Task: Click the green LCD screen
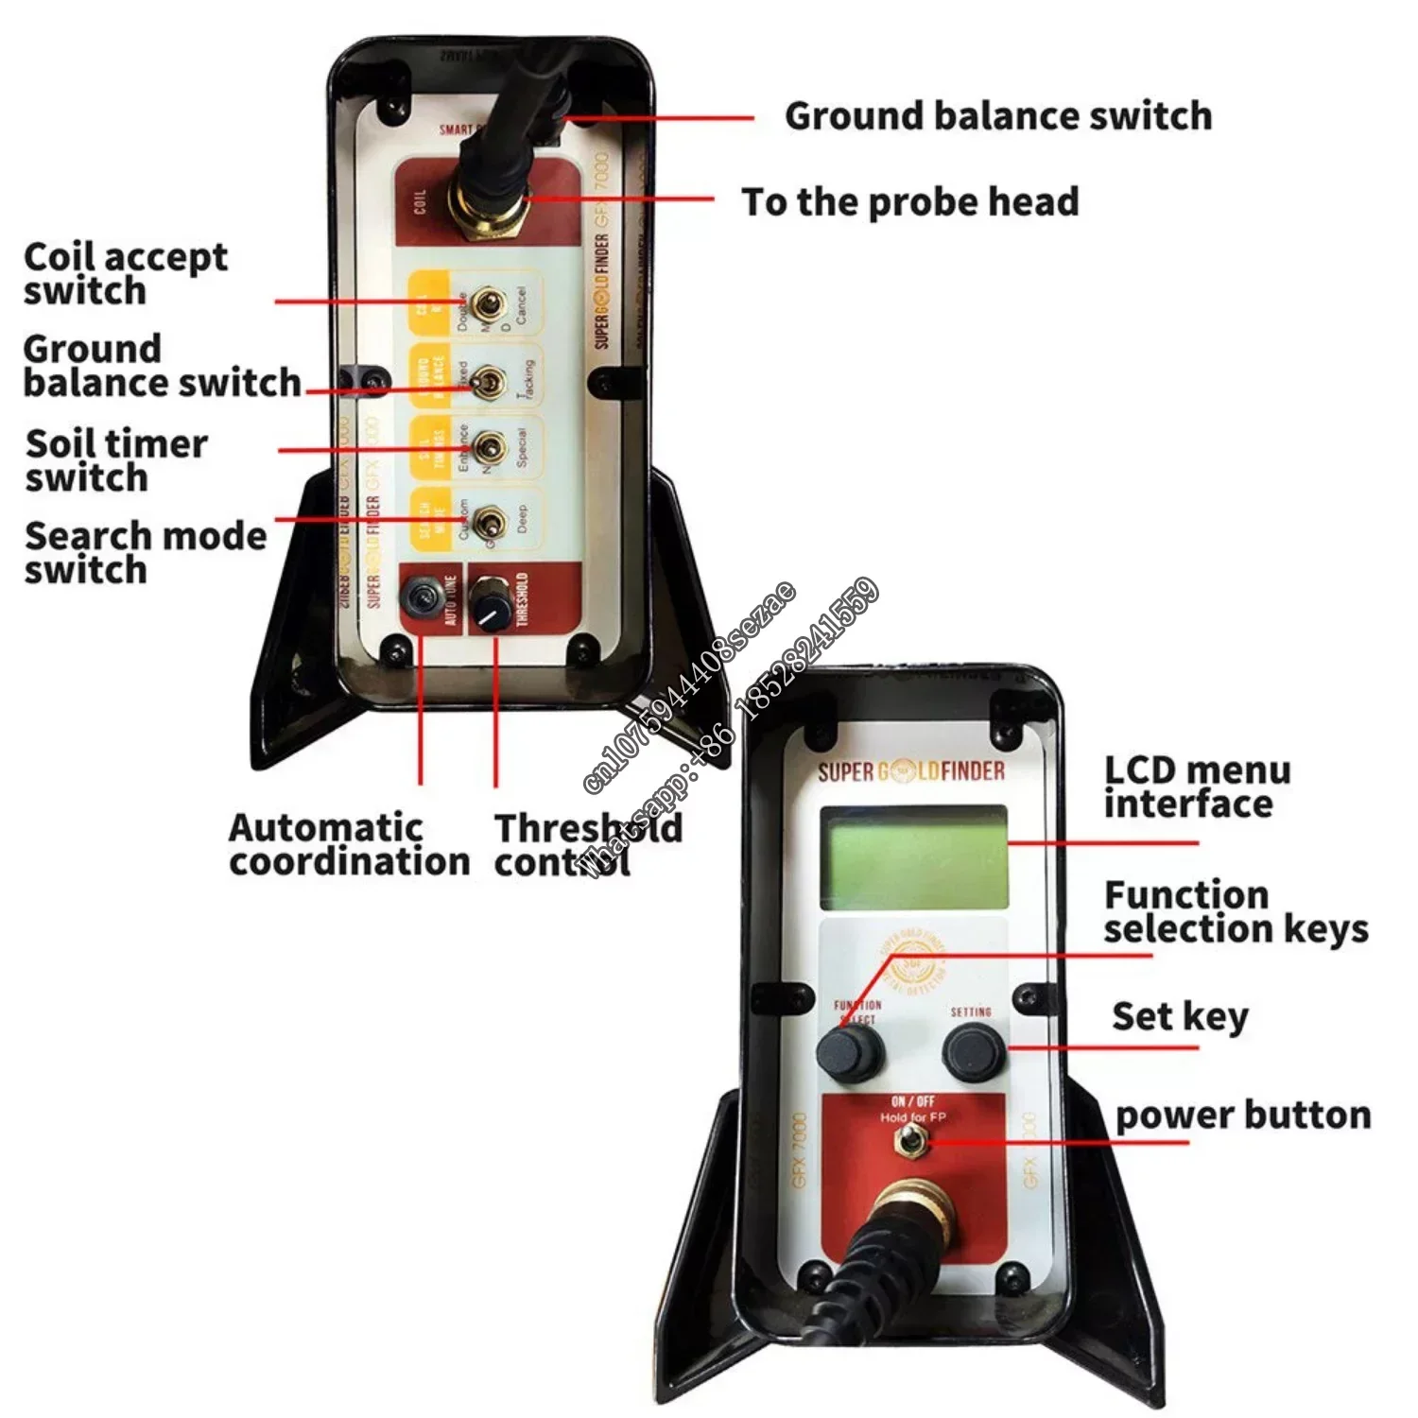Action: pos(913,857)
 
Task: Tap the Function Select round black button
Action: pos(850,1051)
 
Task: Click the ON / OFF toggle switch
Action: pos(910,1143)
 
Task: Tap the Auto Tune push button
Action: pos(420,596)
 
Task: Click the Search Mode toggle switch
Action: pos(489,520)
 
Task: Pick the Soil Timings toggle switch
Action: pos(489,447)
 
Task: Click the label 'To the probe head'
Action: pos(909,201)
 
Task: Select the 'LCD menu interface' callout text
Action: pos(1197,787)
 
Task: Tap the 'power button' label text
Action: pos(1242,1115)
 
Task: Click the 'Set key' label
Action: pos(1180,1017)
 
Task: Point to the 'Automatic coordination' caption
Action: pos(349,844)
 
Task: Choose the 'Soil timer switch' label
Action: pos(115,460)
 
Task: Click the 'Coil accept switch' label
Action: pos(125,273)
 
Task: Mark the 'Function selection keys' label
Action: pos(1235,912)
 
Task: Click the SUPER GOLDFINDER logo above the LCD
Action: pos(910,772)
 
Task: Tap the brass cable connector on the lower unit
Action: pos(913,1217)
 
